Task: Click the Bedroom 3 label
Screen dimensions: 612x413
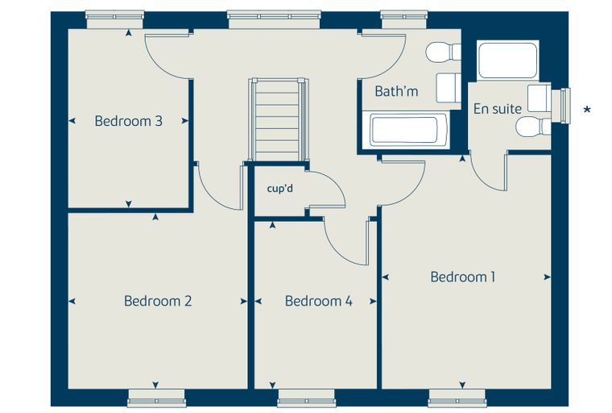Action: [x=128, y=121]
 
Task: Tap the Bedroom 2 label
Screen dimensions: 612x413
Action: [x=158, y=301]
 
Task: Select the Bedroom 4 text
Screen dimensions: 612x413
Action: [x=319, y=301]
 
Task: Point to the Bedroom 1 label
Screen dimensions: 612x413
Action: [x=463, y=277]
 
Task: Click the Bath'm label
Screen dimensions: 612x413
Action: [x=396, y=91]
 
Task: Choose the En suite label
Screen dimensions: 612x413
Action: [x=498, y=109]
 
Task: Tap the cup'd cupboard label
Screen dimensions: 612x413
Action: [x=280, y=189]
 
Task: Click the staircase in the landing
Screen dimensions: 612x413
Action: [x=278, y=119]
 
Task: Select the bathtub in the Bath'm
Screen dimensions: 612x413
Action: [x=405, y=130]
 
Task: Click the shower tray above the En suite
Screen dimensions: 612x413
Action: [x=508, y=60]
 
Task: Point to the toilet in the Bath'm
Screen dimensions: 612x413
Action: [x=444, y=52]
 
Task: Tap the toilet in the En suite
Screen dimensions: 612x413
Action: [x=533, y=127]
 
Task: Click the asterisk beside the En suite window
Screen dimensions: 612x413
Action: [x=586, y=110]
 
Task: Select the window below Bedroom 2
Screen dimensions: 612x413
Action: [x=156, y=398]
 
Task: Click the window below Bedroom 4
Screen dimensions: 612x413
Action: [x=306, y=398]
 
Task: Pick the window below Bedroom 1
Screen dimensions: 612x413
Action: [x=457, y=398]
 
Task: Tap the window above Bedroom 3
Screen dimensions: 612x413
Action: [x=114, y=19]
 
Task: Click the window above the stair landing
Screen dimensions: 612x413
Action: [x=275, y=19]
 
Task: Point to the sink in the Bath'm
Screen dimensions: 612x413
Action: [x=449, y=88]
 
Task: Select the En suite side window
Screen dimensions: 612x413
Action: [x=561, y=106]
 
